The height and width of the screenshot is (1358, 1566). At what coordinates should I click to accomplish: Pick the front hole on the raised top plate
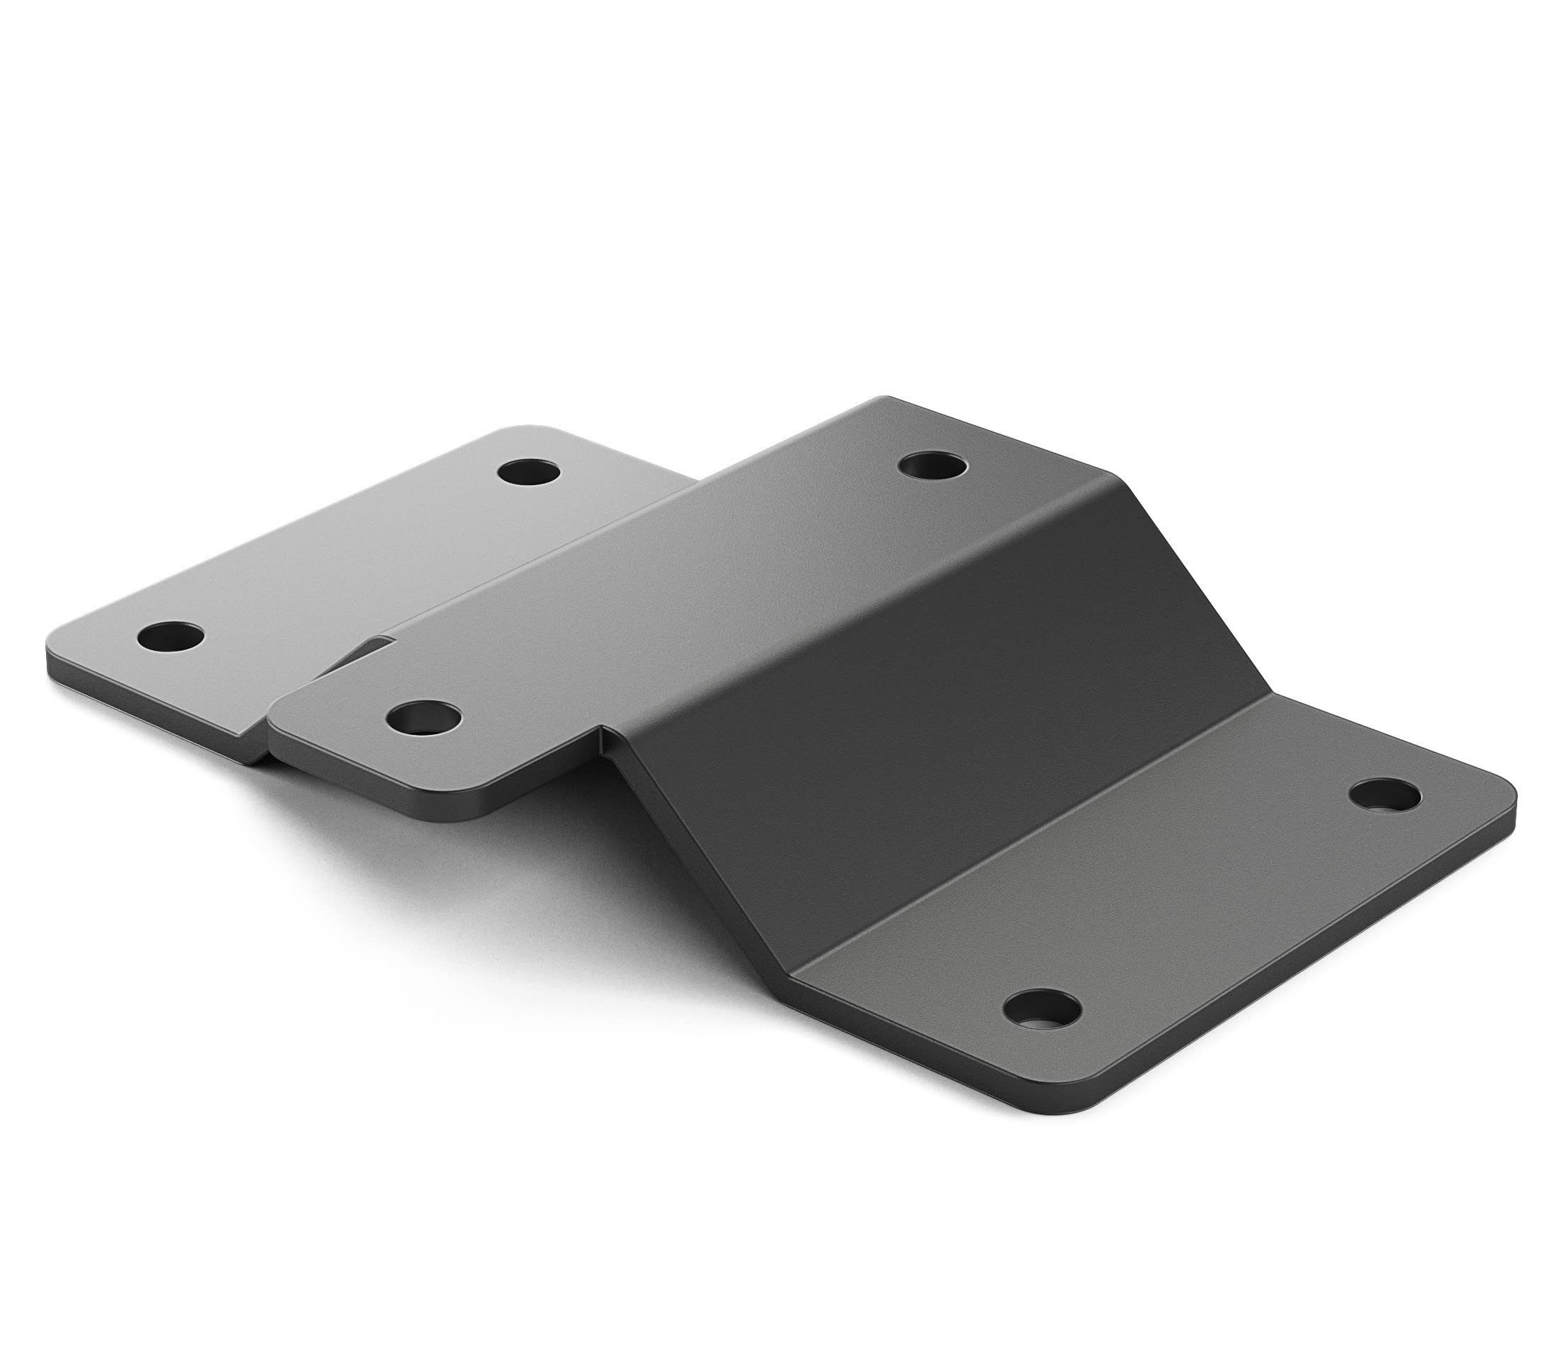(x=423, y=716)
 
